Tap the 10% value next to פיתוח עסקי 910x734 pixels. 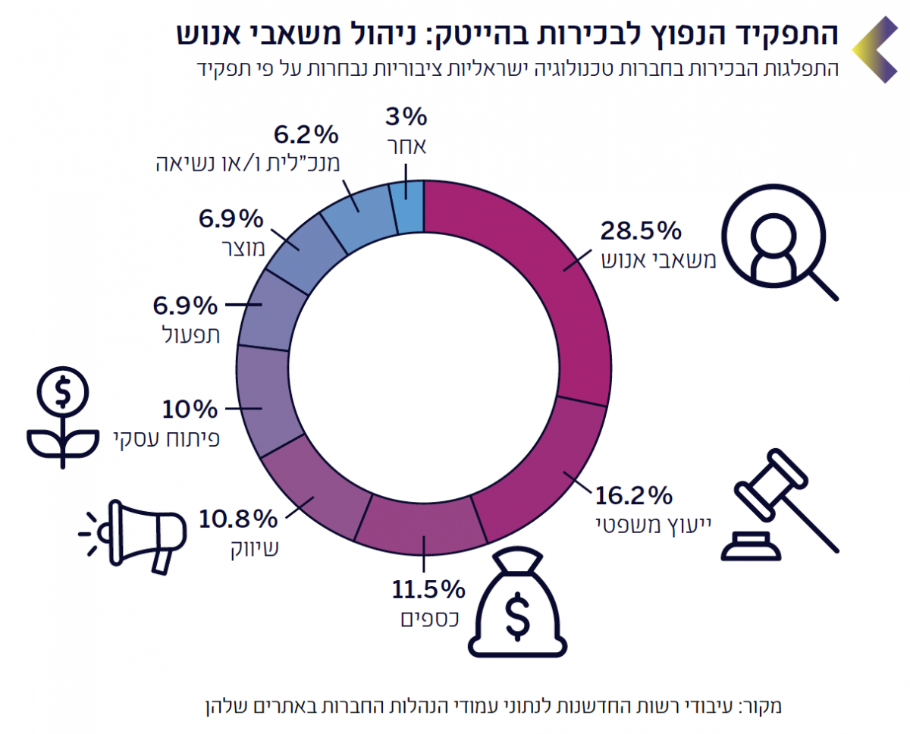click(x=190, y=409)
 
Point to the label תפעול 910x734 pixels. click(x=193, y=334)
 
